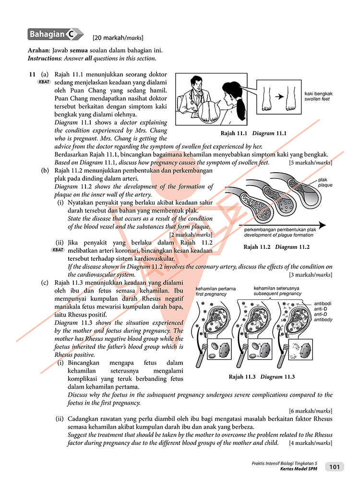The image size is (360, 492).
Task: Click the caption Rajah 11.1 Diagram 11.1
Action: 253,133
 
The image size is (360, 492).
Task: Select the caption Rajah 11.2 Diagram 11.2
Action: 276,247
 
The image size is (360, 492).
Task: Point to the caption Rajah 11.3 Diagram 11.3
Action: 262,376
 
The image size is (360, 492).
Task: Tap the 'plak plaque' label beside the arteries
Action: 324,182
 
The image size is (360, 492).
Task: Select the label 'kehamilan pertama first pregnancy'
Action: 211,291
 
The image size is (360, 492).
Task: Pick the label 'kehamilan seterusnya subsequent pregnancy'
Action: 277,291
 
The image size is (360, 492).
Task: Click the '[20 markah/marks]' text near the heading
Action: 118,37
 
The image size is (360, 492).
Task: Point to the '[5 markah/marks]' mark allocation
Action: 311,163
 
